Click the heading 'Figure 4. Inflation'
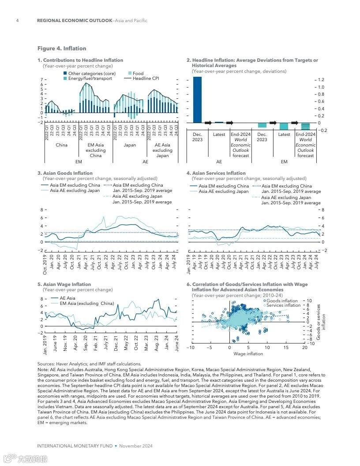[x=62, y=49]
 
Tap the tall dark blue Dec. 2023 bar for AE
[x=197, y=100]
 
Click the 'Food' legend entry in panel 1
[x=138, y=74]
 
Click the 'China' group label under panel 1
[x=62, y=145]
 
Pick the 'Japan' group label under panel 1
[x=130, y=145]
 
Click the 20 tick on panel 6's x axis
[x=304, y=348]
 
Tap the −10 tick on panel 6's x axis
[x=190, y=348]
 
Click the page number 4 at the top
[x=17, y=21]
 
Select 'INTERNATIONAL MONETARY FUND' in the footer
[x=75, y=446]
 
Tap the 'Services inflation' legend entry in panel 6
[x=284, y=305]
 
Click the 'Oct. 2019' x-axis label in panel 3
[x=45, y=264]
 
